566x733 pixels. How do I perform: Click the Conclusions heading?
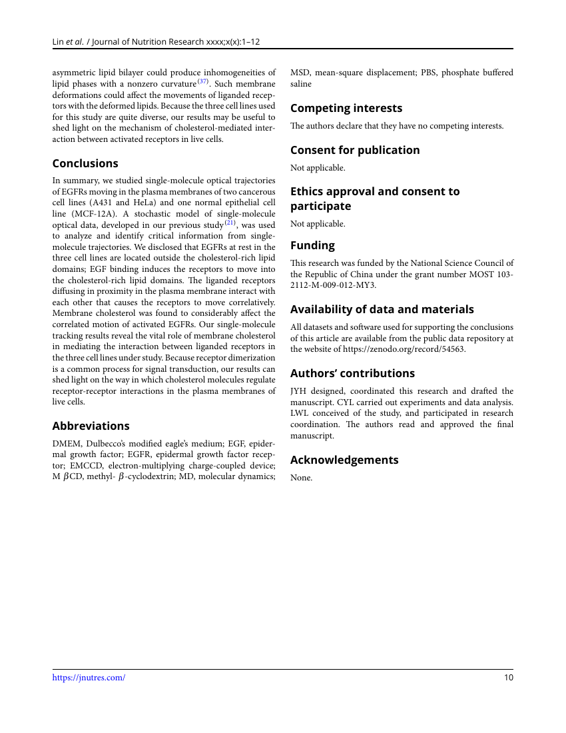[x=85, y=163]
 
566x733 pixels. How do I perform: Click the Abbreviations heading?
[x=91, y=426]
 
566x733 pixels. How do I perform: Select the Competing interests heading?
[x=346, y=108]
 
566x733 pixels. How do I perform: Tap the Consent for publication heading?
[x=355, y=150]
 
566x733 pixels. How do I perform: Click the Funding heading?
[x=312, y=245]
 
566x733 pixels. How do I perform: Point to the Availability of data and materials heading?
[x=382, y=309]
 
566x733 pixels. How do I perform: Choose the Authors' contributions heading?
[x=352, y=373]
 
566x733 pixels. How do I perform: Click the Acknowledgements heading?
[x=344, y=460]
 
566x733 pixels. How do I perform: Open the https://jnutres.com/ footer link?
[x=89, y=678]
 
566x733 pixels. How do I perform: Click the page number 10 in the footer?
[x=509, y=678]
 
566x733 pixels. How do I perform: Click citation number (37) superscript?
[x=203, y=82]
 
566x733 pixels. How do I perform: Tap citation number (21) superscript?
[x=230, y=223]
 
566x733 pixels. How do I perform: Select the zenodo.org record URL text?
[x=404, y=349]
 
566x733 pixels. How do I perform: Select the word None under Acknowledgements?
[x=301, y=478]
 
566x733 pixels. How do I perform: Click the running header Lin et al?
[x=68, y=41]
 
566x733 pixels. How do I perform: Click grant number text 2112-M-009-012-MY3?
[x=332, y=285]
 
